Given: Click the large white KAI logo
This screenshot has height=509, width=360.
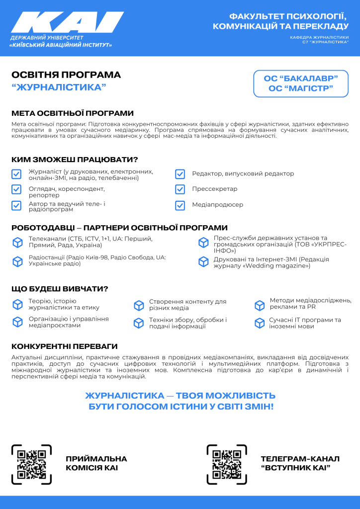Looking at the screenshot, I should [x=67, y=23].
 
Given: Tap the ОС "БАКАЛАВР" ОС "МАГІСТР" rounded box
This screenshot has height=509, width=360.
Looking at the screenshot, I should [x=301, y=84].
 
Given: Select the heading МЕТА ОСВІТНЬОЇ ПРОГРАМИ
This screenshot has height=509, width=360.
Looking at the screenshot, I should [x=73, y=113].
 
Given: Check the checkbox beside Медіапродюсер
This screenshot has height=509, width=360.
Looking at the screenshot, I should [x=180, y=205].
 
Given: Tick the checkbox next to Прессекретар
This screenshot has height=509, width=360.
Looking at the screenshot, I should [x=180, y=189].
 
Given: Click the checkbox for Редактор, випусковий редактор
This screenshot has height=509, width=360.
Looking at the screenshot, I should [x=180, y=174].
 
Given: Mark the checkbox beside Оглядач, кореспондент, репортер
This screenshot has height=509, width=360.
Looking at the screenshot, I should [x=16, y=189].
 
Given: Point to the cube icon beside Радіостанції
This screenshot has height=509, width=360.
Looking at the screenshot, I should [x=17, y=261].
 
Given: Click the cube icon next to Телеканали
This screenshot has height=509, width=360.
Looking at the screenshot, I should [x=17, y=242].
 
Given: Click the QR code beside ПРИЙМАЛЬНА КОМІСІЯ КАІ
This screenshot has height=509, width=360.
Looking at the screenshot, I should [x=31, y=464].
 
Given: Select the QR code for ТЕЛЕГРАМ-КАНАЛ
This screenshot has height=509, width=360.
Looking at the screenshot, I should [x=227, y=464].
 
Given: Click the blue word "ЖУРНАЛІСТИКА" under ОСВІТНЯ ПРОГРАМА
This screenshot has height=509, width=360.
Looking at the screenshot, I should [x=59, y=87].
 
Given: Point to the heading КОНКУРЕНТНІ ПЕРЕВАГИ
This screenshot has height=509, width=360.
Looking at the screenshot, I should [x=65, y=346].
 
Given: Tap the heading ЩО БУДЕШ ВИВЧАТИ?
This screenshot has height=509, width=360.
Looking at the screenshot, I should [x=60, y=289].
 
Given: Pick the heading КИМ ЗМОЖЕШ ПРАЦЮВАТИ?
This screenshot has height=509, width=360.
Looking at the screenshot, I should [x=75, y=160].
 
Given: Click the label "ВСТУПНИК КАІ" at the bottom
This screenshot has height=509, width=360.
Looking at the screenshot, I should [x=295, y=468].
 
